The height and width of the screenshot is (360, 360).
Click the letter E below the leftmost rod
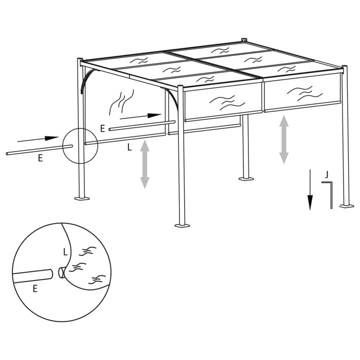pos(40,159)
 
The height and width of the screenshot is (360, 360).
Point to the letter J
pos(326,175)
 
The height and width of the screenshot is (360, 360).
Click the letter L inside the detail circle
pos(64,252)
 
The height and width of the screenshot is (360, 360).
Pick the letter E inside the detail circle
pos(35,289)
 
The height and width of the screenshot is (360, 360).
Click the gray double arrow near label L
pos(145,164)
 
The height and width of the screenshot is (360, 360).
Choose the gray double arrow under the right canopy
pos(284,139)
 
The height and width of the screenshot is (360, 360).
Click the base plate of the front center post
pos(182,224)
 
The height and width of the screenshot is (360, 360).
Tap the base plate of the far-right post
pos(347,206)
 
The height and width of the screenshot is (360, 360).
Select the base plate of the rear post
pos(246,178)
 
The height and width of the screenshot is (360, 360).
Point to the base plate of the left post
pos(82,198)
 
